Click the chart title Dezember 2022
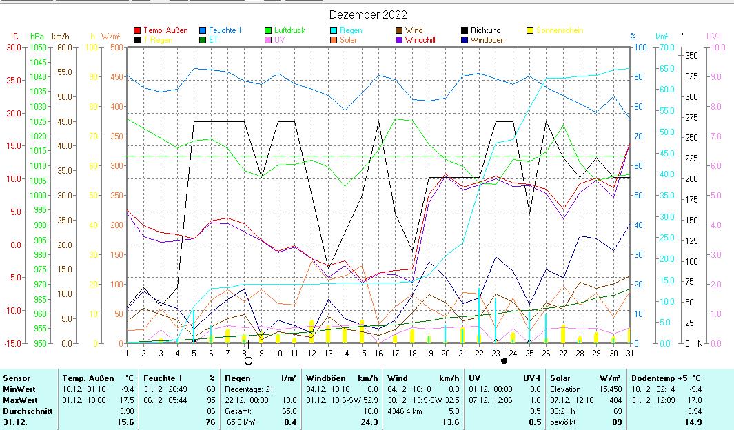[x=368, y=15]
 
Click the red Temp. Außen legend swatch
[x=137, y=30]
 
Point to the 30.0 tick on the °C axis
[x=14, y=47]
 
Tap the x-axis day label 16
[x=378, y=352]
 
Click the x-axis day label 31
[x=629, y=352]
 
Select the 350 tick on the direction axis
[x=691, y=55]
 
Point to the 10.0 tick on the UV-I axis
[x=717, y=47]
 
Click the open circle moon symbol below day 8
[x=248, y=360]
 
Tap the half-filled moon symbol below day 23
[x=504, y=360]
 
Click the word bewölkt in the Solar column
[x=562, y=422]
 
